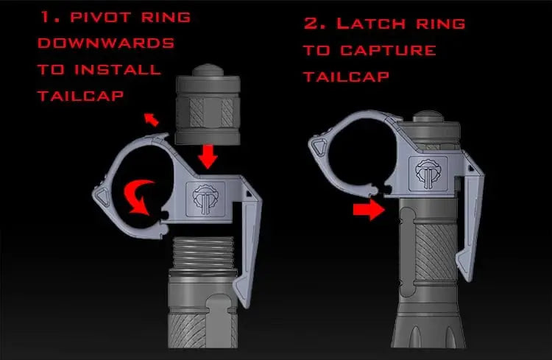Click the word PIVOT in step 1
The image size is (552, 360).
point(100,18)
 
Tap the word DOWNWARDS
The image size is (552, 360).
point(106,43)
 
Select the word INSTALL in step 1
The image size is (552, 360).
point(118,69)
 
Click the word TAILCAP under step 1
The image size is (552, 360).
point(81,96)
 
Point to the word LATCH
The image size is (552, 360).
point(371,24)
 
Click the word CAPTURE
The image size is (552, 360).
point(389,50)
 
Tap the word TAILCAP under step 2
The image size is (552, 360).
point(347,77)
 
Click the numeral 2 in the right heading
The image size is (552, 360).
point(311,24)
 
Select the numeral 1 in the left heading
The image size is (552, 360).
point(46,17)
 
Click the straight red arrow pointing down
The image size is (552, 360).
point(208,155)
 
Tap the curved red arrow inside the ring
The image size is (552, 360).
point(139,197)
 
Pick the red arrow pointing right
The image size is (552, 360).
point(369,210)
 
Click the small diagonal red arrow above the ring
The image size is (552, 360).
point(152,120)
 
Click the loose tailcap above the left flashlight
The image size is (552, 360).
point(208,104)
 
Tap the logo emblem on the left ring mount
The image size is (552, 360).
point(205,200)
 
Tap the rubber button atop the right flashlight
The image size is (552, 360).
point(428,116)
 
